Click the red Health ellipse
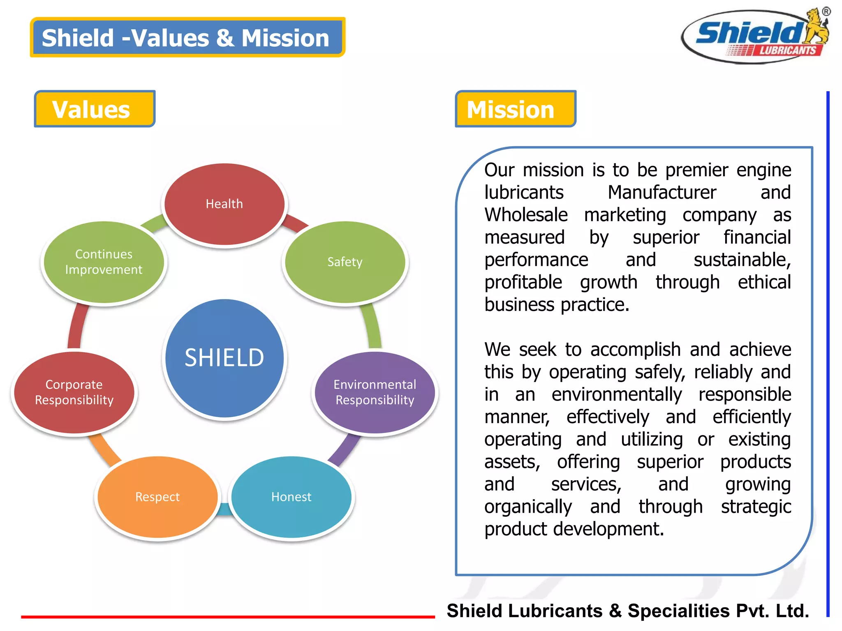[224, 204]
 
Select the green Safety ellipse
[345, 262]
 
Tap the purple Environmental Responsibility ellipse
[375, 392]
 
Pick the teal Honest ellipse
[291, 497]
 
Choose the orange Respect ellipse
[157, 497]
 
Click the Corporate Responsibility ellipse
[74, 392]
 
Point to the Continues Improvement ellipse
[104, 262]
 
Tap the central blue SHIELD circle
[224, 357]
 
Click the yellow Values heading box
[95, 109]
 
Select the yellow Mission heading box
[515, 109]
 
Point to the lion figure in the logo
[816, 27]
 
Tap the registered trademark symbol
[826, 12]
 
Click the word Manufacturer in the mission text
[662, 192]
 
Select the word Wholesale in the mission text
[526, 215]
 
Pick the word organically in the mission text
[528, 507]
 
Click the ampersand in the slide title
[225, 38]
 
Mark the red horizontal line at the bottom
[228, 617]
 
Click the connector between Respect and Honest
[224, 509]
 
